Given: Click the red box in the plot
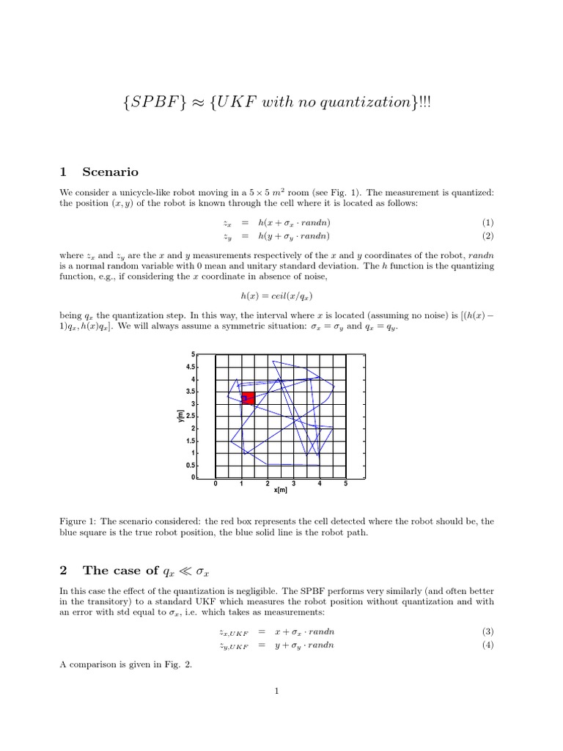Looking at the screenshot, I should [248, 398].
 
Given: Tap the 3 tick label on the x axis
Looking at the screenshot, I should [293, 484].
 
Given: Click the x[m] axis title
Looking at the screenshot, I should [280, 491].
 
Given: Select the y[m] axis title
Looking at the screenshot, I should [180, 415].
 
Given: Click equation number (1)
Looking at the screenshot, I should [487, 222].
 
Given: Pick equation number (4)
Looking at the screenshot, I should [487, 645].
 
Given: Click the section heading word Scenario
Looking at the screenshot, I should [110, 172].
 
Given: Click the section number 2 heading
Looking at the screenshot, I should [64, 571].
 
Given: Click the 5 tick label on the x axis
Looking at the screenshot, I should [345, 484].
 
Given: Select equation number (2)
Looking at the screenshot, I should [487, 236].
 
